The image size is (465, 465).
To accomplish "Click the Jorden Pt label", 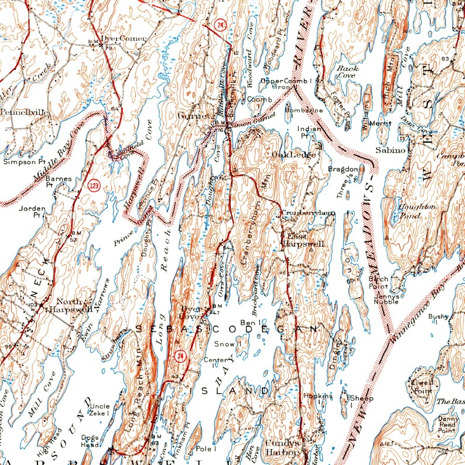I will point(32,211).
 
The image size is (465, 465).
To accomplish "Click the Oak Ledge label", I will point(294,154).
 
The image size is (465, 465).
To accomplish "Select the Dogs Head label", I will point(90,441).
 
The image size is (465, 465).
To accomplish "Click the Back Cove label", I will point(347,72).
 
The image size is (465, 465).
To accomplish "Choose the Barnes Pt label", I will point(58,181).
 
